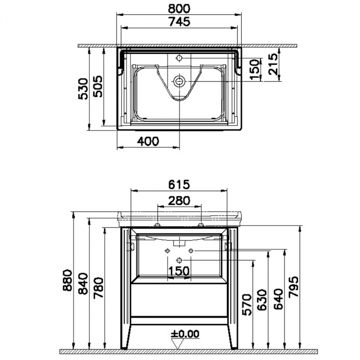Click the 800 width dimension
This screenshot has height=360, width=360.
click(179, 8)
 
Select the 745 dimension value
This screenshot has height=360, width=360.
click(179, 22)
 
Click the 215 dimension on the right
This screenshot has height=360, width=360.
click(273, 64)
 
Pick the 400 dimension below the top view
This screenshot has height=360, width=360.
click(149, 141)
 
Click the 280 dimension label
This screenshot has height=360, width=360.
click(179, 200)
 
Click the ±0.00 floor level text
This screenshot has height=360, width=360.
click(185, 333)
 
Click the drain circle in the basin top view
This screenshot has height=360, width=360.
click(179, 81)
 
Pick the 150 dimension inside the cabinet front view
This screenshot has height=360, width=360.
click(179, 271)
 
